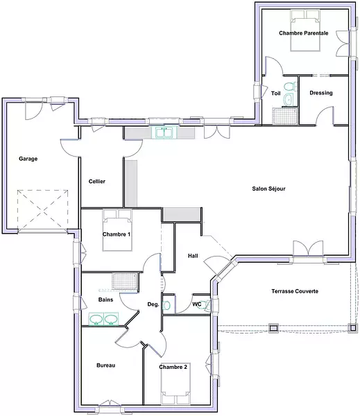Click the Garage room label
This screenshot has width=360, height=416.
(28, 159)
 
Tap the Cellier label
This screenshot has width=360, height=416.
(97, 182)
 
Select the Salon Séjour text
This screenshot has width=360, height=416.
(268, 189)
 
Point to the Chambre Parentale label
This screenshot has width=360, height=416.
(304, 33)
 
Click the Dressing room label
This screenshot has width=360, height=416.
(321, 93)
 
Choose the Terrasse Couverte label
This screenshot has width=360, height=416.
(295, 291)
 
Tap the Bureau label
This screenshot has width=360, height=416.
(106, 365)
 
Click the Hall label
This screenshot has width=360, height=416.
(193, 256)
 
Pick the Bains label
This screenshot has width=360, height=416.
(105, 300)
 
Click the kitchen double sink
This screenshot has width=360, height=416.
(164, 132)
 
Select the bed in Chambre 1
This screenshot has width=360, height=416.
(117, 230)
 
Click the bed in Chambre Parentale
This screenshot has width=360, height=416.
(305, 31)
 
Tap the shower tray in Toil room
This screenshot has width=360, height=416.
(284, 116)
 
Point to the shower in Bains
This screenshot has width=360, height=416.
(125, 281)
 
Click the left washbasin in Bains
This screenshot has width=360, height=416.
(96, 319)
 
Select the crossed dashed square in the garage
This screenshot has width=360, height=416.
(43, 211)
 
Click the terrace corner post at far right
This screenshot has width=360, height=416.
(352, 328)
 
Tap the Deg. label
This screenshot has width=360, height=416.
(153, 304)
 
